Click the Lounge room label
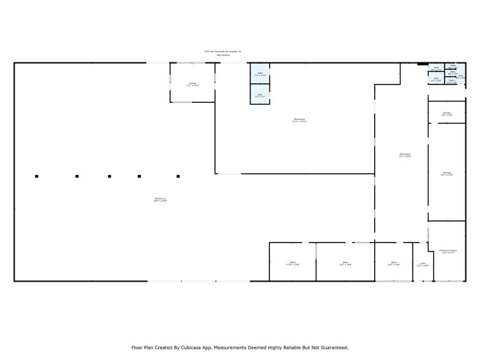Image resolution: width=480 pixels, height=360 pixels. pos(192,84)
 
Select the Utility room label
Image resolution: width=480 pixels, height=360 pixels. pos(423,264)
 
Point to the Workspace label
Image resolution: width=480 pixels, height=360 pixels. pos(405,155)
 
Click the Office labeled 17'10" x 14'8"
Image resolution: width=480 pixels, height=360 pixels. pos(293,264)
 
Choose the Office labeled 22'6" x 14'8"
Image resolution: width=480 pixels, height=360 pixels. pos(345,264)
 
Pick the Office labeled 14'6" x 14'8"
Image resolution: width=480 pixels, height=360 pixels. pos(393,264)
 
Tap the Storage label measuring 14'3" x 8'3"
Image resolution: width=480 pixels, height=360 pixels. pos(447,114)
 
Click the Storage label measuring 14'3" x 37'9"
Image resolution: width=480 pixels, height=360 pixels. pos(447,174)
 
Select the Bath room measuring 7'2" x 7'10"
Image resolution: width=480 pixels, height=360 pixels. pos(260,74)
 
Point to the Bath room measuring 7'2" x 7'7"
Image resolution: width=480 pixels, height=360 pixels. pos(260,96)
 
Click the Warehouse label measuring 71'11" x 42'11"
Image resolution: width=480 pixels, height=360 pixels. pos(299,120)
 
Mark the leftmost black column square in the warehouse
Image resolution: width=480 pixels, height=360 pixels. pos(37,176)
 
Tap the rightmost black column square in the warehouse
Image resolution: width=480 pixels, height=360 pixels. pos(178,176)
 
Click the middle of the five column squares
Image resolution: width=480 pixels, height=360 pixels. pos(110,176)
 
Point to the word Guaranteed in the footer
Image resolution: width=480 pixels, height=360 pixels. pos(332,347)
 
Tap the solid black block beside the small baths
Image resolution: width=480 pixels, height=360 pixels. pos(422,64)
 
